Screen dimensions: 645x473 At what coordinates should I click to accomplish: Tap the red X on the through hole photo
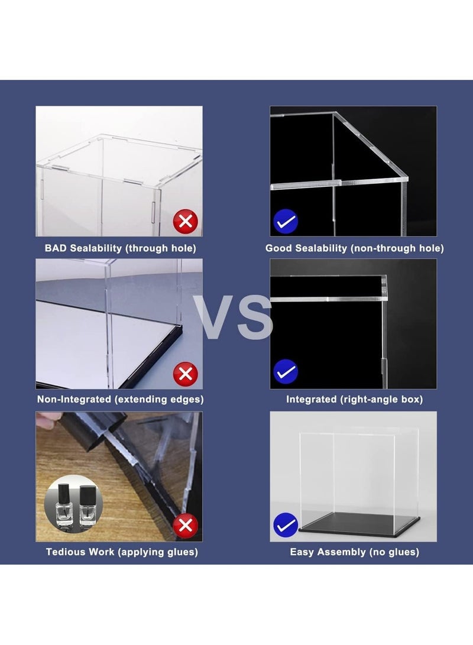tap(186, 222)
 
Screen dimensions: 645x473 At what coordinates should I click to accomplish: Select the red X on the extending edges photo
tap(186, 374)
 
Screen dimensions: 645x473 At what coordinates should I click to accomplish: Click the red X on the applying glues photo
tap(186, 525)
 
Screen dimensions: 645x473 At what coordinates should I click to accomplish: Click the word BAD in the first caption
tap(56, 248)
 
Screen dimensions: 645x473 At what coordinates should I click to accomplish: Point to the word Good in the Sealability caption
tap(278, 248)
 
